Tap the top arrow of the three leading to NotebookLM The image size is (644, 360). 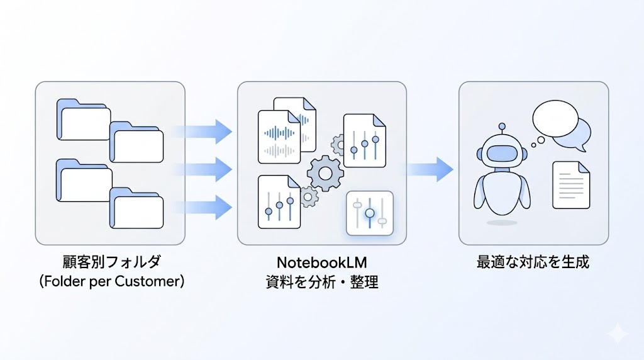pyautogui.click(x=203, y=131)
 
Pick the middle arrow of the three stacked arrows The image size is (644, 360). pyautogui.click(x=203, y=169)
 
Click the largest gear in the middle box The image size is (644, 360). pyautogui.click(x=325, y=173)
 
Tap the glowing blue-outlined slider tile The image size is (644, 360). pyautogui.click(x=369, y=213)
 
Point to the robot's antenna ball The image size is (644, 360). pyautogui.click(x=501, y=127)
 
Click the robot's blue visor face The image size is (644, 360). pyautogui.click(x=501, y=154)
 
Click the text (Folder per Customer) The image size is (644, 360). pyautogui.click(x=111, y=281)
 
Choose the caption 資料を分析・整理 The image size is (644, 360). pyautogui.click(x=321, y=281)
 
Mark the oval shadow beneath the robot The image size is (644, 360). pyautogui.click(x=501, y=222)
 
